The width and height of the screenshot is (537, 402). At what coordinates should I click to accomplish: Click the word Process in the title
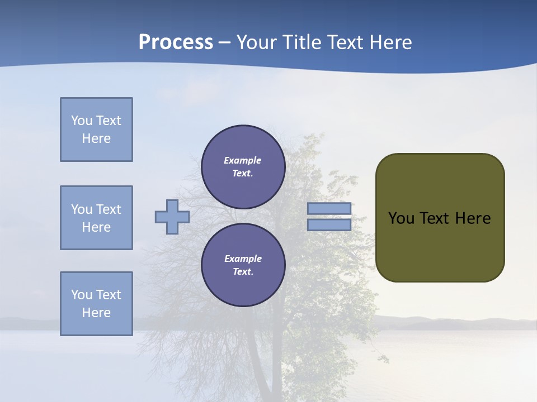click(x=176, y=42)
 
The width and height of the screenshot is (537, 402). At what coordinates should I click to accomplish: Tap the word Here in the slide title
click(x=390, y=42)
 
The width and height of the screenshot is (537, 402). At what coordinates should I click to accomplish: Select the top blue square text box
click(x=96, y=130)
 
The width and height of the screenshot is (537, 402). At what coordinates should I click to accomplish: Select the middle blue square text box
click(x=96, y=218)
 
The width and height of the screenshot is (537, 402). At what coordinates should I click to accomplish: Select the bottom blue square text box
click(x=96, y=304)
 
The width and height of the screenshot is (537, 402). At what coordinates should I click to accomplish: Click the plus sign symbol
click(x=172, y=217)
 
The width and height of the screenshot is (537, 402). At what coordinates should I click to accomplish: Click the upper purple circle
click(x=243, y=167)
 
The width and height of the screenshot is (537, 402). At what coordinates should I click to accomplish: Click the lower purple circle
click(x=243, y=265)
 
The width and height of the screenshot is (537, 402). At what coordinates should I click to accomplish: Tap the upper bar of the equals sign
click(x=329, y=209)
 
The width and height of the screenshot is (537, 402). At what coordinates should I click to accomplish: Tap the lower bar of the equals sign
click(x=329, y=225)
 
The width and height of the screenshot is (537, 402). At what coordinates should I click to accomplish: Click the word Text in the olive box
click(x=435, y=218)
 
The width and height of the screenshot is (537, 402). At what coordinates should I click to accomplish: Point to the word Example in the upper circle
click(x=242, y=160)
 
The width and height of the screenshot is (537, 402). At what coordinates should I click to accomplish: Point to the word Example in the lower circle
click(x=243, y=259)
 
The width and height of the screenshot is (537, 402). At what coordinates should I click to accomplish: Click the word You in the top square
click(x=81, y=121)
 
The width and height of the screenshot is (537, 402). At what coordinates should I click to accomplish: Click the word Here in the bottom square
click(x=96, y=313)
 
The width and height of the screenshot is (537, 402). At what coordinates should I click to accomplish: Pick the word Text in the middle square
click(x=108, y=209)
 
